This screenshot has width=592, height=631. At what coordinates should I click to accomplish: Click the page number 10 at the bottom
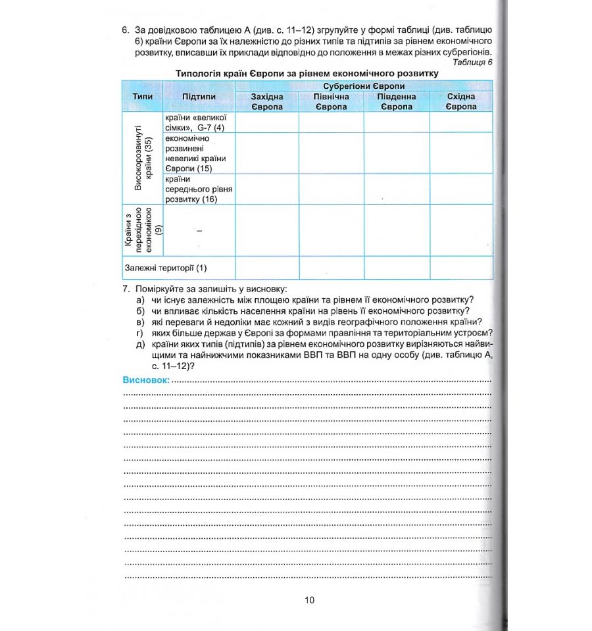pos(310,599)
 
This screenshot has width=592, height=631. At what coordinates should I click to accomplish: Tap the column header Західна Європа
pos(266,101)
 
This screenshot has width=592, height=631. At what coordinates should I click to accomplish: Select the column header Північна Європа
pos(331,101)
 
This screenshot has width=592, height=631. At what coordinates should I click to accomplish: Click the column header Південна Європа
pos(396,101)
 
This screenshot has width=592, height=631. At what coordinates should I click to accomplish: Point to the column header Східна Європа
pos(460,101)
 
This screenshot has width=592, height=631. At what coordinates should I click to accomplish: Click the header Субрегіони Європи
pos(363,86)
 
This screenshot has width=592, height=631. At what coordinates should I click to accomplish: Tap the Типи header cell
pos(142,96)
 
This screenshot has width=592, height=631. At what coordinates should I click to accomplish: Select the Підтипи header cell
pos(199,96)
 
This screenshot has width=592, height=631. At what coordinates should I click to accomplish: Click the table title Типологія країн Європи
pos(307,73)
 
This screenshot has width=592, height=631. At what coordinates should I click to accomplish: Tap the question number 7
pos(125,290)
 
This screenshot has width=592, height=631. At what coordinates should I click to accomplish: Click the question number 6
pos(125,30)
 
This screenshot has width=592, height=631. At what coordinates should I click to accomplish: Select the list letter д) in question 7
pos(140,344)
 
